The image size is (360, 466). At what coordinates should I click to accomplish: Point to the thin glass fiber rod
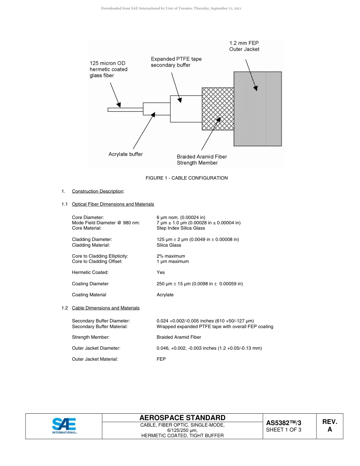pos(125,110)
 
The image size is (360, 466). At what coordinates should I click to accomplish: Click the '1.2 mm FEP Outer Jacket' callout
pos(244,46)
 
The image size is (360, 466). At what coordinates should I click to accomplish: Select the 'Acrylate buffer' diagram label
pos(125,154)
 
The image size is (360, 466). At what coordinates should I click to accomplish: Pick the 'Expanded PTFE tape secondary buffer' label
pos(176,62)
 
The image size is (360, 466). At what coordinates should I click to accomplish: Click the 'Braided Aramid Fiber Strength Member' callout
pos(202,160)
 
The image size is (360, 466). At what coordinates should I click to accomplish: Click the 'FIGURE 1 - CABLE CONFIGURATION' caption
pos(186,178)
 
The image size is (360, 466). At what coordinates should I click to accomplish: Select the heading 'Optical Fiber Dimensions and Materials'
pos(113,204)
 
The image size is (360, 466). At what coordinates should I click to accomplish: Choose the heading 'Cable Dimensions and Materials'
pos(106,308)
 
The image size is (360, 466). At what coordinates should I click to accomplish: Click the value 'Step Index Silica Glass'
pos(181,228)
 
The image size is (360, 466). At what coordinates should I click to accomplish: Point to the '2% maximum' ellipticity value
pos(171,256)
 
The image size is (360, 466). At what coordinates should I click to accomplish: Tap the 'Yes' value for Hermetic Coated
pos(161,272)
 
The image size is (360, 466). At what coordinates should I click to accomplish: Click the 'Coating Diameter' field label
pos(90,284)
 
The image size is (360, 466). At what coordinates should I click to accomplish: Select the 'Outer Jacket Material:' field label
pos(95,359)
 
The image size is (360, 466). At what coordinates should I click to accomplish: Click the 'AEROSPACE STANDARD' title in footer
pos(182,418)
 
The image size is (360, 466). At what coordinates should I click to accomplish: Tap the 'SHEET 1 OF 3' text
pos(284,430)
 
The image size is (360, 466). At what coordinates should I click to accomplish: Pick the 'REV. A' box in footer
pos(329,426)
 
